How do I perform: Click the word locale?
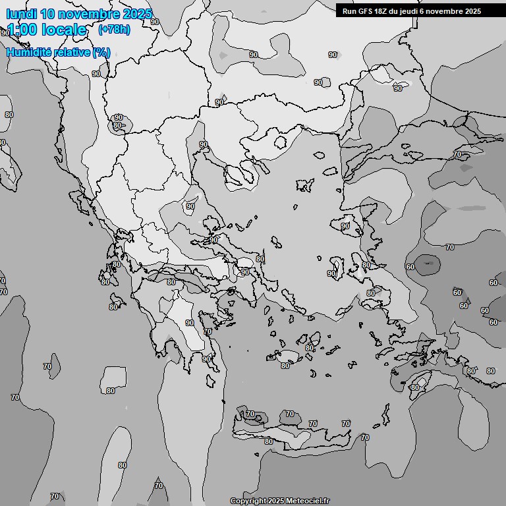[64, 30]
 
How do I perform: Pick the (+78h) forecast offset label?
[113, 30]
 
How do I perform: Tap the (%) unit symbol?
[101, 52]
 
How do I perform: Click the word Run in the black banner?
[349, 11]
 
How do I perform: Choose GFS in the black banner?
[366, 11]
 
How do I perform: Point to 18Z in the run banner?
[383, 11]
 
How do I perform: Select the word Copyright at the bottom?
[248, 501]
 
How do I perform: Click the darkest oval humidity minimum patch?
[430, 265]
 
